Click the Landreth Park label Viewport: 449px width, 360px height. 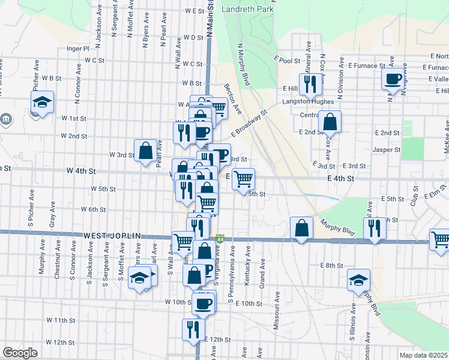tap(248, 10)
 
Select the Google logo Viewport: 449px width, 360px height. tap(20, 352)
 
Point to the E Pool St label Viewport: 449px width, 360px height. tap(289, 60)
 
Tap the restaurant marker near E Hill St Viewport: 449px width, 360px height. tap(310, 83)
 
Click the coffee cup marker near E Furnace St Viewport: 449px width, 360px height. tap(393, 79)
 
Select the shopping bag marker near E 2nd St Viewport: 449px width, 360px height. tap(330, 122)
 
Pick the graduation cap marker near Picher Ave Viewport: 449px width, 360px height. tap(42, 102)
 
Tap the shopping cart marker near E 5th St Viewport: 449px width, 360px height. tap(243, 179)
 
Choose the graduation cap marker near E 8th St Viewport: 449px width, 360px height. tap(359, 280)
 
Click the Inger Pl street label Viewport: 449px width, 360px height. tap(78, 48)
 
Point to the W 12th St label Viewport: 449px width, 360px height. tap(59, 342)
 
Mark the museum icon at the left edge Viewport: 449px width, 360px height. tap(6, 119)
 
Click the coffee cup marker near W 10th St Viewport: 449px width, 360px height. tap(203, 303)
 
